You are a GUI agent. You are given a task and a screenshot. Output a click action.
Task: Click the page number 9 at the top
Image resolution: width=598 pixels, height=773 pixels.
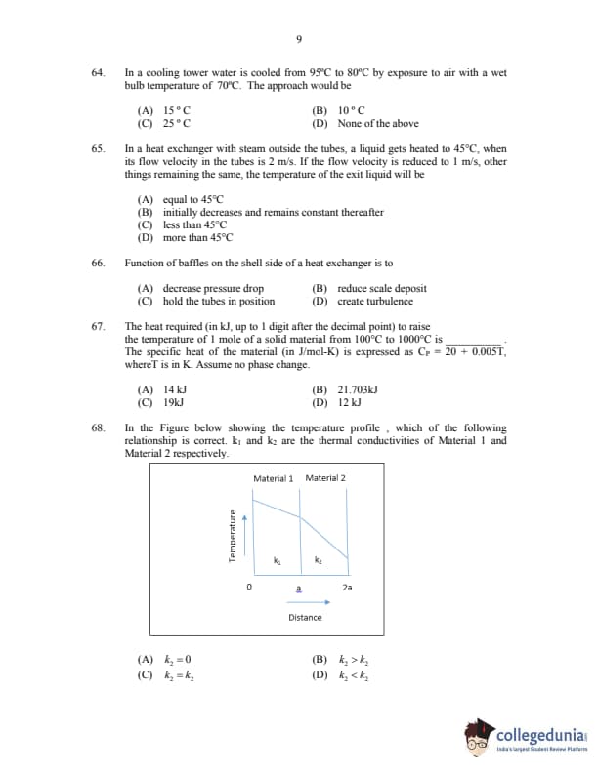(x=298, y=38)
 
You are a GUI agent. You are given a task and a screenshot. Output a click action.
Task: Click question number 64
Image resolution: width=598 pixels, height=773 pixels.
(x=97, y=73)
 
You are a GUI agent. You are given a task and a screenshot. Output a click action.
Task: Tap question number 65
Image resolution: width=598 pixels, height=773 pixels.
(x=97, y=149)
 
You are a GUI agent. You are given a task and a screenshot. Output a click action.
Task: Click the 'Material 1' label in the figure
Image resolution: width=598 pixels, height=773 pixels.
(x=273, y=478)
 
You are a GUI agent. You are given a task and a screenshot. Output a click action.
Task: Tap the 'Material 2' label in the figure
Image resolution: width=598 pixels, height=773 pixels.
(x=325, y=478)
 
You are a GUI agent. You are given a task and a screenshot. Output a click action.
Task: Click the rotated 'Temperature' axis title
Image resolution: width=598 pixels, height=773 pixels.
(x=233, y=538)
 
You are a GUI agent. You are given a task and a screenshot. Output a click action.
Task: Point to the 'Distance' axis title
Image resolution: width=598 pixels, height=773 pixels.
(x=305, y=617)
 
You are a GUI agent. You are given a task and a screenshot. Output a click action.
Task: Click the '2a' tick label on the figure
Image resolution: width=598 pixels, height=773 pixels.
(x=348, y=588)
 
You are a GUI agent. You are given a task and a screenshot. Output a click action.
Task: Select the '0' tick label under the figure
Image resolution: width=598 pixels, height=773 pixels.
(x=249, y=588)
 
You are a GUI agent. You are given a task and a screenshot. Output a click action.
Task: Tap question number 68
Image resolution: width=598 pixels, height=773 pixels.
(x=97, y=428)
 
